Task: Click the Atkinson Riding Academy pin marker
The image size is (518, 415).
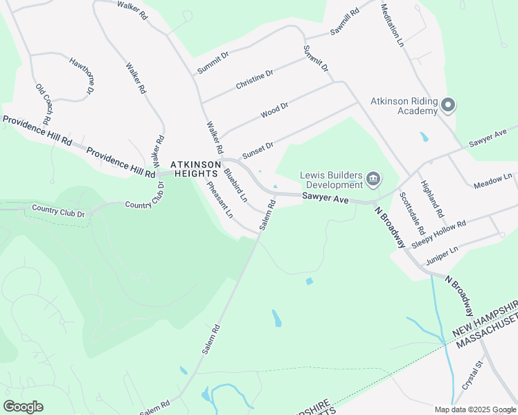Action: [448, 105]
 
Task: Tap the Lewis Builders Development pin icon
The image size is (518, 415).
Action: [373, 180]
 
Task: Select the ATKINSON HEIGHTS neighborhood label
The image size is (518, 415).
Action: [196, 169]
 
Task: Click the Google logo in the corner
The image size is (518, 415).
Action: [24, 407]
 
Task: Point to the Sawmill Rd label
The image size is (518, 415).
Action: [345, 22]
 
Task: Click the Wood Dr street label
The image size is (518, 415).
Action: [274, 110]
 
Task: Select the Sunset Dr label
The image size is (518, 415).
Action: [258, 149]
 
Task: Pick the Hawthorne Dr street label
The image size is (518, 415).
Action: [81, 76]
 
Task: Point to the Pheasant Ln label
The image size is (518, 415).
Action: [219, 199]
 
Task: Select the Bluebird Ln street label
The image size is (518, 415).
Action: [235, 183]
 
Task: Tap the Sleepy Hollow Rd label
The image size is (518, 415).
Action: [439, 234]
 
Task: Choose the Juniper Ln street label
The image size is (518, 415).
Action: [443, 255]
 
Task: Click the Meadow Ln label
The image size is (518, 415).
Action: [493, 182]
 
